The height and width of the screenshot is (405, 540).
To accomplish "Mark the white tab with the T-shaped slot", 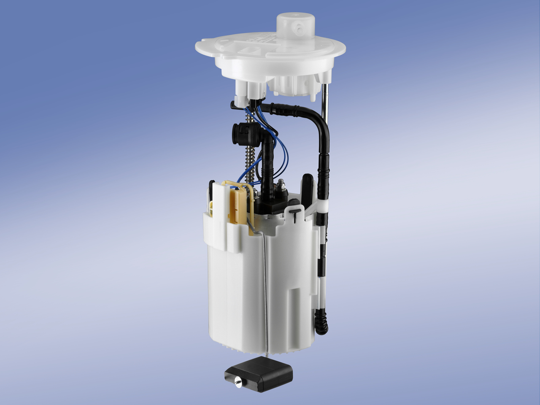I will tap(295, 215).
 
